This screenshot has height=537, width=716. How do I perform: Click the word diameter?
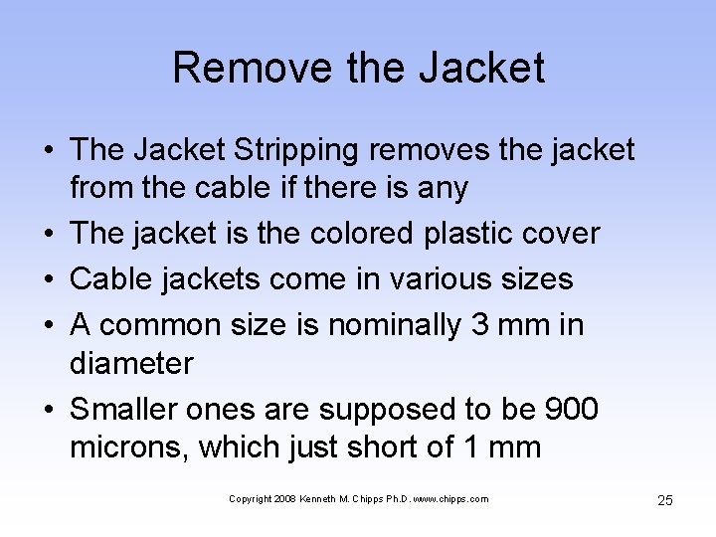[x=131, y=363]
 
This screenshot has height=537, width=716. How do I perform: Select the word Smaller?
[x=128, y=409]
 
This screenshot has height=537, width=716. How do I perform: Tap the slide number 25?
[x=665, y=500]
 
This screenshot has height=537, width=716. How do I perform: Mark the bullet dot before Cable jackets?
[x=47, y=279]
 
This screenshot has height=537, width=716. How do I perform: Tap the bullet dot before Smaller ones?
[x=47, y=409]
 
